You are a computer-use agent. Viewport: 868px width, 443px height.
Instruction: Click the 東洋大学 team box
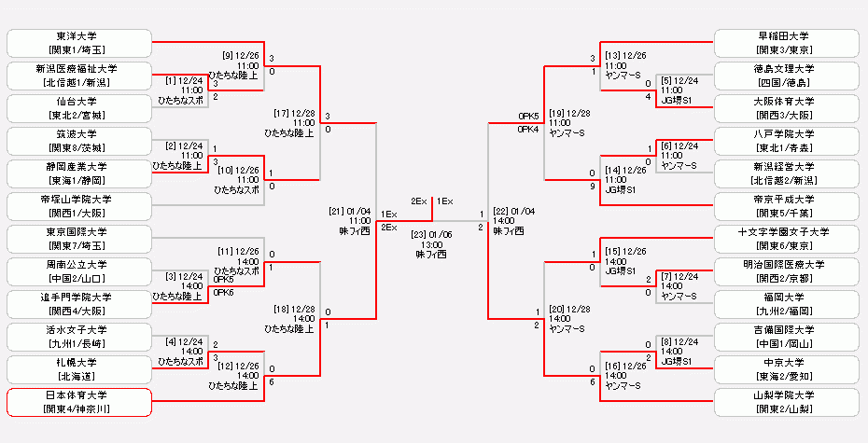pos(79,42)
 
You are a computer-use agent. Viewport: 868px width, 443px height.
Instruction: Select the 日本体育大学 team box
pos(79,402)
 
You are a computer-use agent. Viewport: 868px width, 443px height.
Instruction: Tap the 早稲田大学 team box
pos(786,42)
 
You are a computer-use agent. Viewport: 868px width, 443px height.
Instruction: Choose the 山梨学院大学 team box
pos(786,402)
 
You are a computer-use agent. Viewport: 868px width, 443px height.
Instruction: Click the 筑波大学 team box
pos(79,140)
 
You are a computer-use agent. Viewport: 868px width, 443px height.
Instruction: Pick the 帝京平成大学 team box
pos(786,205)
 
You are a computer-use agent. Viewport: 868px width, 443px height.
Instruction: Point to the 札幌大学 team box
pos(79,368)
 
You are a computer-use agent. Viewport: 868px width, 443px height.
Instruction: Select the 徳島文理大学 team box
pos(786,75)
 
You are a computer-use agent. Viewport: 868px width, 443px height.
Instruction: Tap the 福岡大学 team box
pos(786,303)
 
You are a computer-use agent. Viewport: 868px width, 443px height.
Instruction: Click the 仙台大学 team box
pos(79,107)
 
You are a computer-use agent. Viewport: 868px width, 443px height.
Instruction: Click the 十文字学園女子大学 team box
pos(786,238)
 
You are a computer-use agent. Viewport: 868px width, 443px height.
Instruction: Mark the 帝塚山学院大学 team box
pos(79,205)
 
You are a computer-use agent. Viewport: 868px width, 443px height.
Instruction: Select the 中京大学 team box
pos(786,368)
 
